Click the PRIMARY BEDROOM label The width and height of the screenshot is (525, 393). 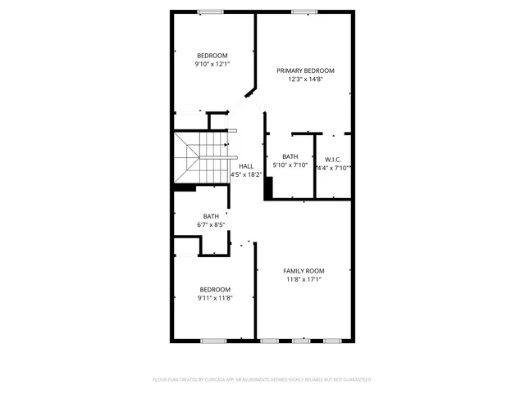pyautogui.click(x=305, y=70)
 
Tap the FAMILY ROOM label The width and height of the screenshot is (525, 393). pyautogui.click(x=304, y=271)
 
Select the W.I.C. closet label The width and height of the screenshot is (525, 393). pyautogui.click(x=333, y=160)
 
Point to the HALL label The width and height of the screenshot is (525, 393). pyautogui.click(x=246, y=166)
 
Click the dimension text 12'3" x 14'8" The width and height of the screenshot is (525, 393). pyautogui.click(x=305, y=80)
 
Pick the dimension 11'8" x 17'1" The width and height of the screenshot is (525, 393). pyautogui.click(x=304, y=280)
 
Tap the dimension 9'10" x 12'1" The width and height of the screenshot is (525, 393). pyautogui.click(x=212, y=64)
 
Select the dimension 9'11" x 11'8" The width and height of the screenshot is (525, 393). pyautogui.click(x=214, y=298)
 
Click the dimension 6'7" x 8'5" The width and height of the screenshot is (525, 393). pyautogui.click(x=211, y=224)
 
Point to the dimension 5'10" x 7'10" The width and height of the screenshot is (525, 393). pyautogui.click(x=290, y=165)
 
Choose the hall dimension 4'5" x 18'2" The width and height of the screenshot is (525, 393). pyautogui.click(x=246, y=174)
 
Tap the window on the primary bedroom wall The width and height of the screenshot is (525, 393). pyautogui.click(x=305, y=11)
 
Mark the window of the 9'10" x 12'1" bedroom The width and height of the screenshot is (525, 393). pyautogui.click(x=211, y=11)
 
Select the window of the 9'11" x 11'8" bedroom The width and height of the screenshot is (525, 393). pyautogui.click(x=213, y=340)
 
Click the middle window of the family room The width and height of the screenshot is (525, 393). pyautogui.click(x=301, y=340)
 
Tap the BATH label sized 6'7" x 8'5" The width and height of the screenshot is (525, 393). pyautogui.click(x=211, y=216)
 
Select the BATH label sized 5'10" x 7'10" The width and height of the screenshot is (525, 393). pyautogui.click(x=290, y=156)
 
